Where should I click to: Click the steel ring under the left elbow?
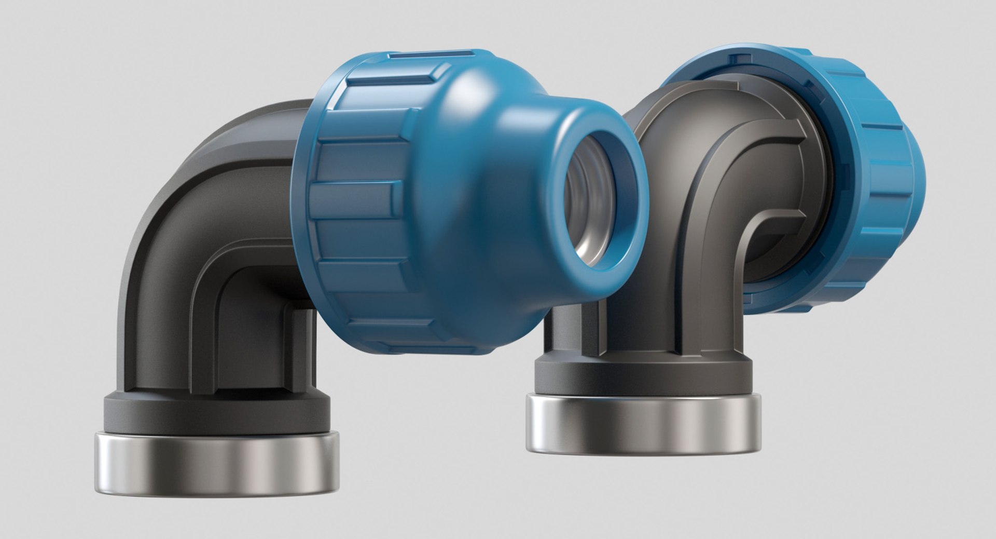216,465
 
